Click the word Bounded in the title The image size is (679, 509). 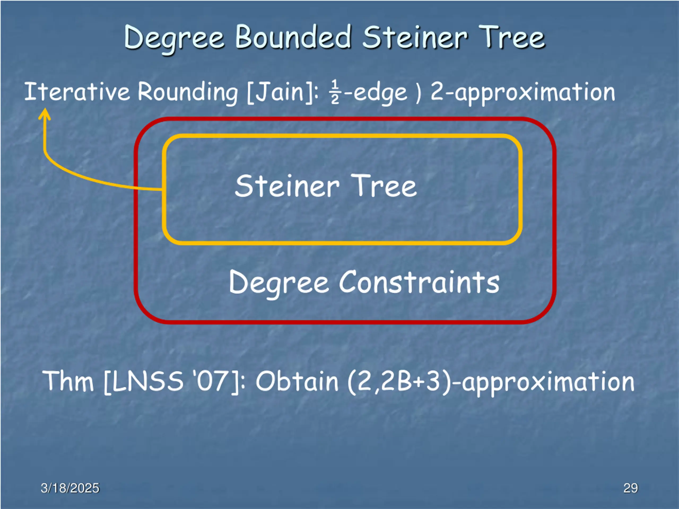coord(293,37)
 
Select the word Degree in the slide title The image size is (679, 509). coord(174,38)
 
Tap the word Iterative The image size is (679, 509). coord(77,92)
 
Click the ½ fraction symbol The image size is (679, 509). coord(335,92)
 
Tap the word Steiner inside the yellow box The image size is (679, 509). coord(287,186)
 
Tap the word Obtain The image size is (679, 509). coord(297,382)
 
